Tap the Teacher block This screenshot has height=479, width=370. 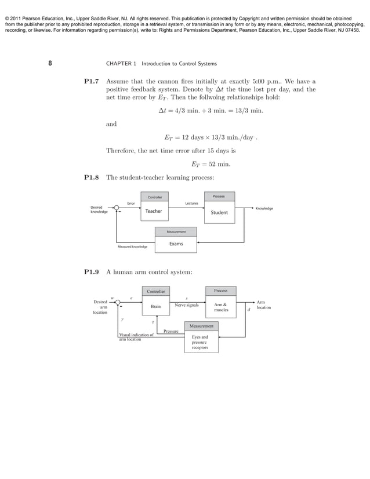(x=154, y=212)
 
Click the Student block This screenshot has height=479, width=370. (x=219, y=212)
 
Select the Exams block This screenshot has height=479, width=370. (x=176, y=244)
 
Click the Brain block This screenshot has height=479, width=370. (x=155, y=306)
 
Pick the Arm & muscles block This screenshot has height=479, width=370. (x=220, y=307)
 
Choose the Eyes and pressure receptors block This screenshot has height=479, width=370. (x=200, y=342)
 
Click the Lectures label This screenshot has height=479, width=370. (x=191, y=204)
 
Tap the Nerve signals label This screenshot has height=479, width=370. (x=186, y=304)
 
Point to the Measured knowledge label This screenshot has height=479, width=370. (x=132, y=247)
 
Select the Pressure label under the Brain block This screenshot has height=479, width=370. (x=171, y=331)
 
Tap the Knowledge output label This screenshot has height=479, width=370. (x=264, y=208)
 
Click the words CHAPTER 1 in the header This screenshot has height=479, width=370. (x=119, y=61)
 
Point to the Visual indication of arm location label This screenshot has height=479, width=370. (x=136, y=337)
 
